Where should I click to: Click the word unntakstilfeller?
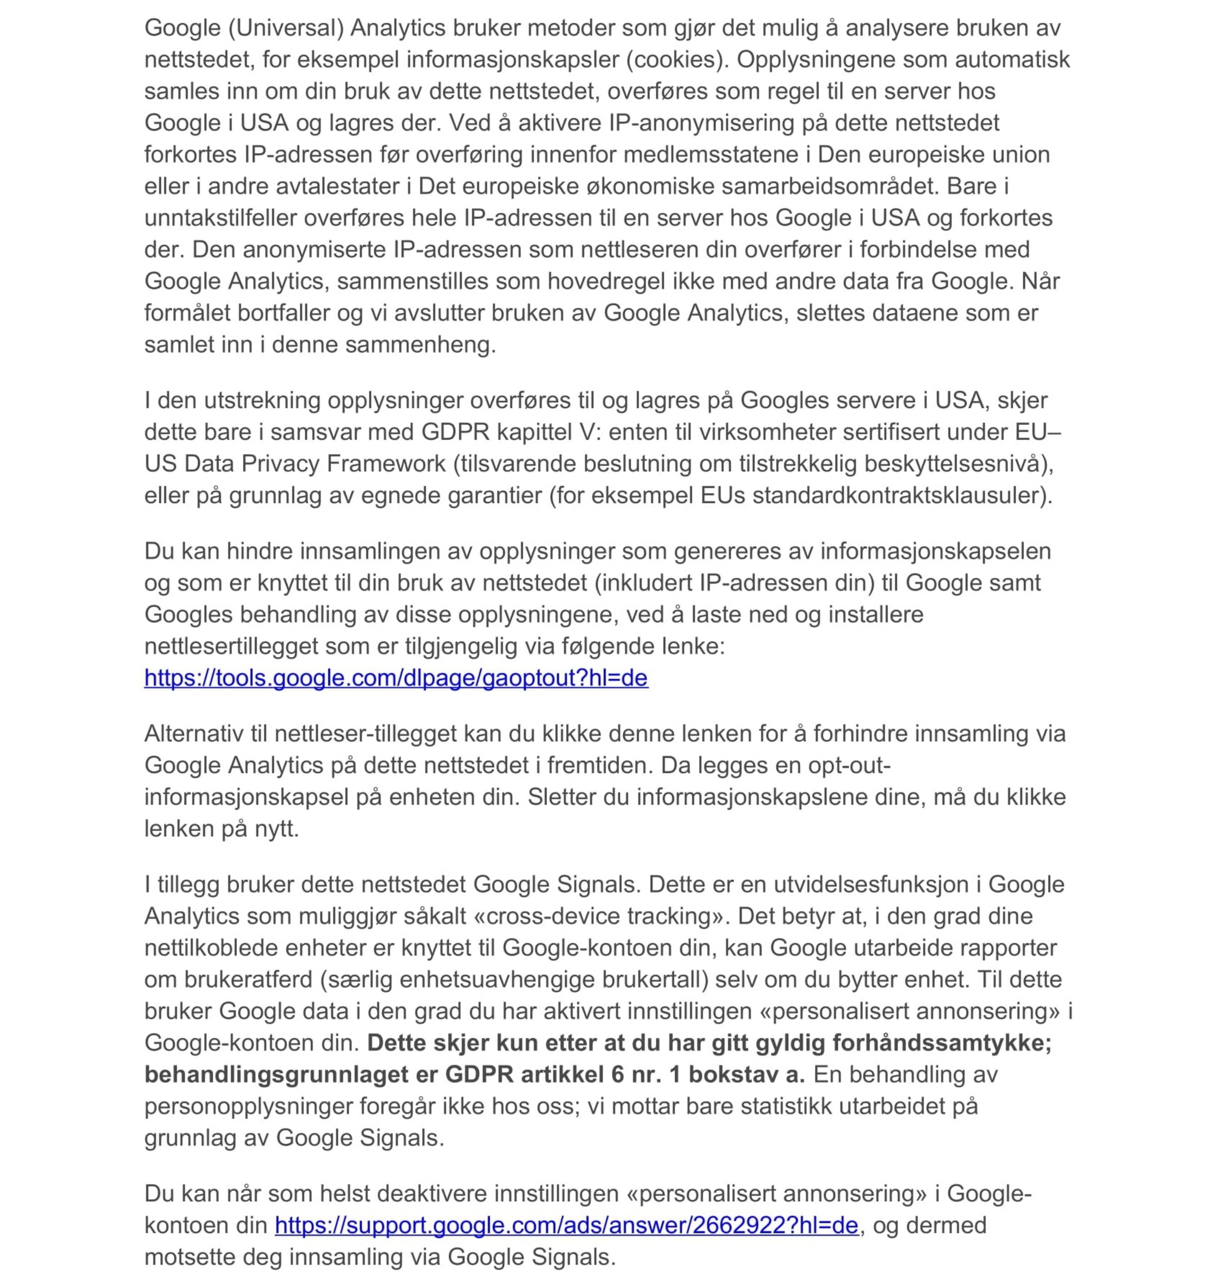(221, 218)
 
